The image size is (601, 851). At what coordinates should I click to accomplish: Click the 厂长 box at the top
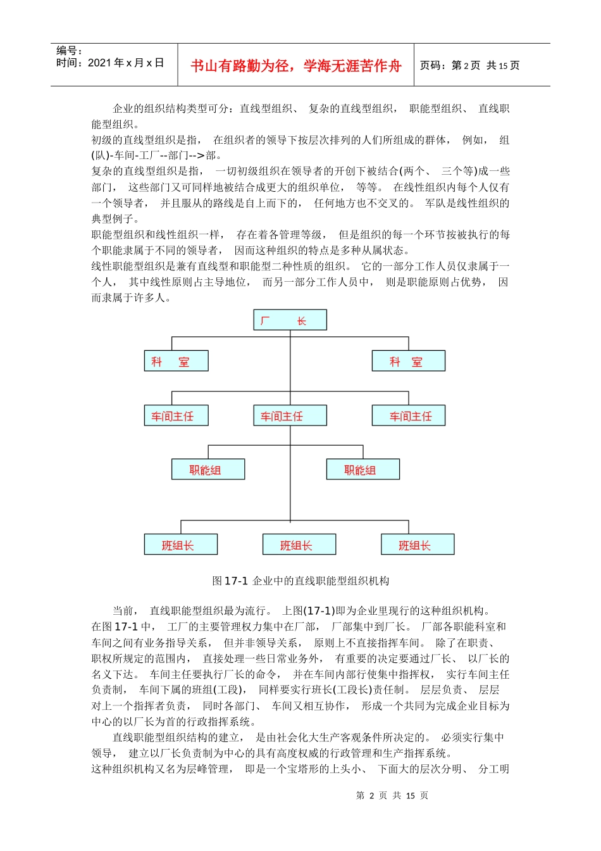tap(290, 320)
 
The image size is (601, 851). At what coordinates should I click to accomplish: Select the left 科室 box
tap(176, 361)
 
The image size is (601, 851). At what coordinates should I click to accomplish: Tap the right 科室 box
tap(408, 361)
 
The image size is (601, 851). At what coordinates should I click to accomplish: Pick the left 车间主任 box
tap(176, 415)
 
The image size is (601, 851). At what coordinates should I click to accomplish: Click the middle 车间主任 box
tap(290, 415)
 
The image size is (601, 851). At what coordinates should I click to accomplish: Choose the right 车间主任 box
tap(408, 415)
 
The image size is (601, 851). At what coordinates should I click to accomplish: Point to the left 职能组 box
tap(208, 469)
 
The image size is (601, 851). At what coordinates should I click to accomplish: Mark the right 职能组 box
tap(362, 469)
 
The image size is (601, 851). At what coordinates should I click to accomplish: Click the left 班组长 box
tap(180, 545)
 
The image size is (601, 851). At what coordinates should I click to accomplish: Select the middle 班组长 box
tap(299, 545)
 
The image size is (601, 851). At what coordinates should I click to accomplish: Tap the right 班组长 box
tap(418, 545)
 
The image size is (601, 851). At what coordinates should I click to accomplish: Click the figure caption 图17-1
tap(300, 581)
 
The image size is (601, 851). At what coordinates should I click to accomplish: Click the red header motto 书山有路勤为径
tap(295, 66)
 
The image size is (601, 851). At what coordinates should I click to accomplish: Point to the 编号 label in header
tap(68, 51)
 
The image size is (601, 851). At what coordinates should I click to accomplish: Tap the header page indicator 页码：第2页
tap(469, 65)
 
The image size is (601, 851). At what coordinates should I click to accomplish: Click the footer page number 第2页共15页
tap(392, 795)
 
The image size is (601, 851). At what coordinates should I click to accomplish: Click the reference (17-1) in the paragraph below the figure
tap(319, 610)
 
